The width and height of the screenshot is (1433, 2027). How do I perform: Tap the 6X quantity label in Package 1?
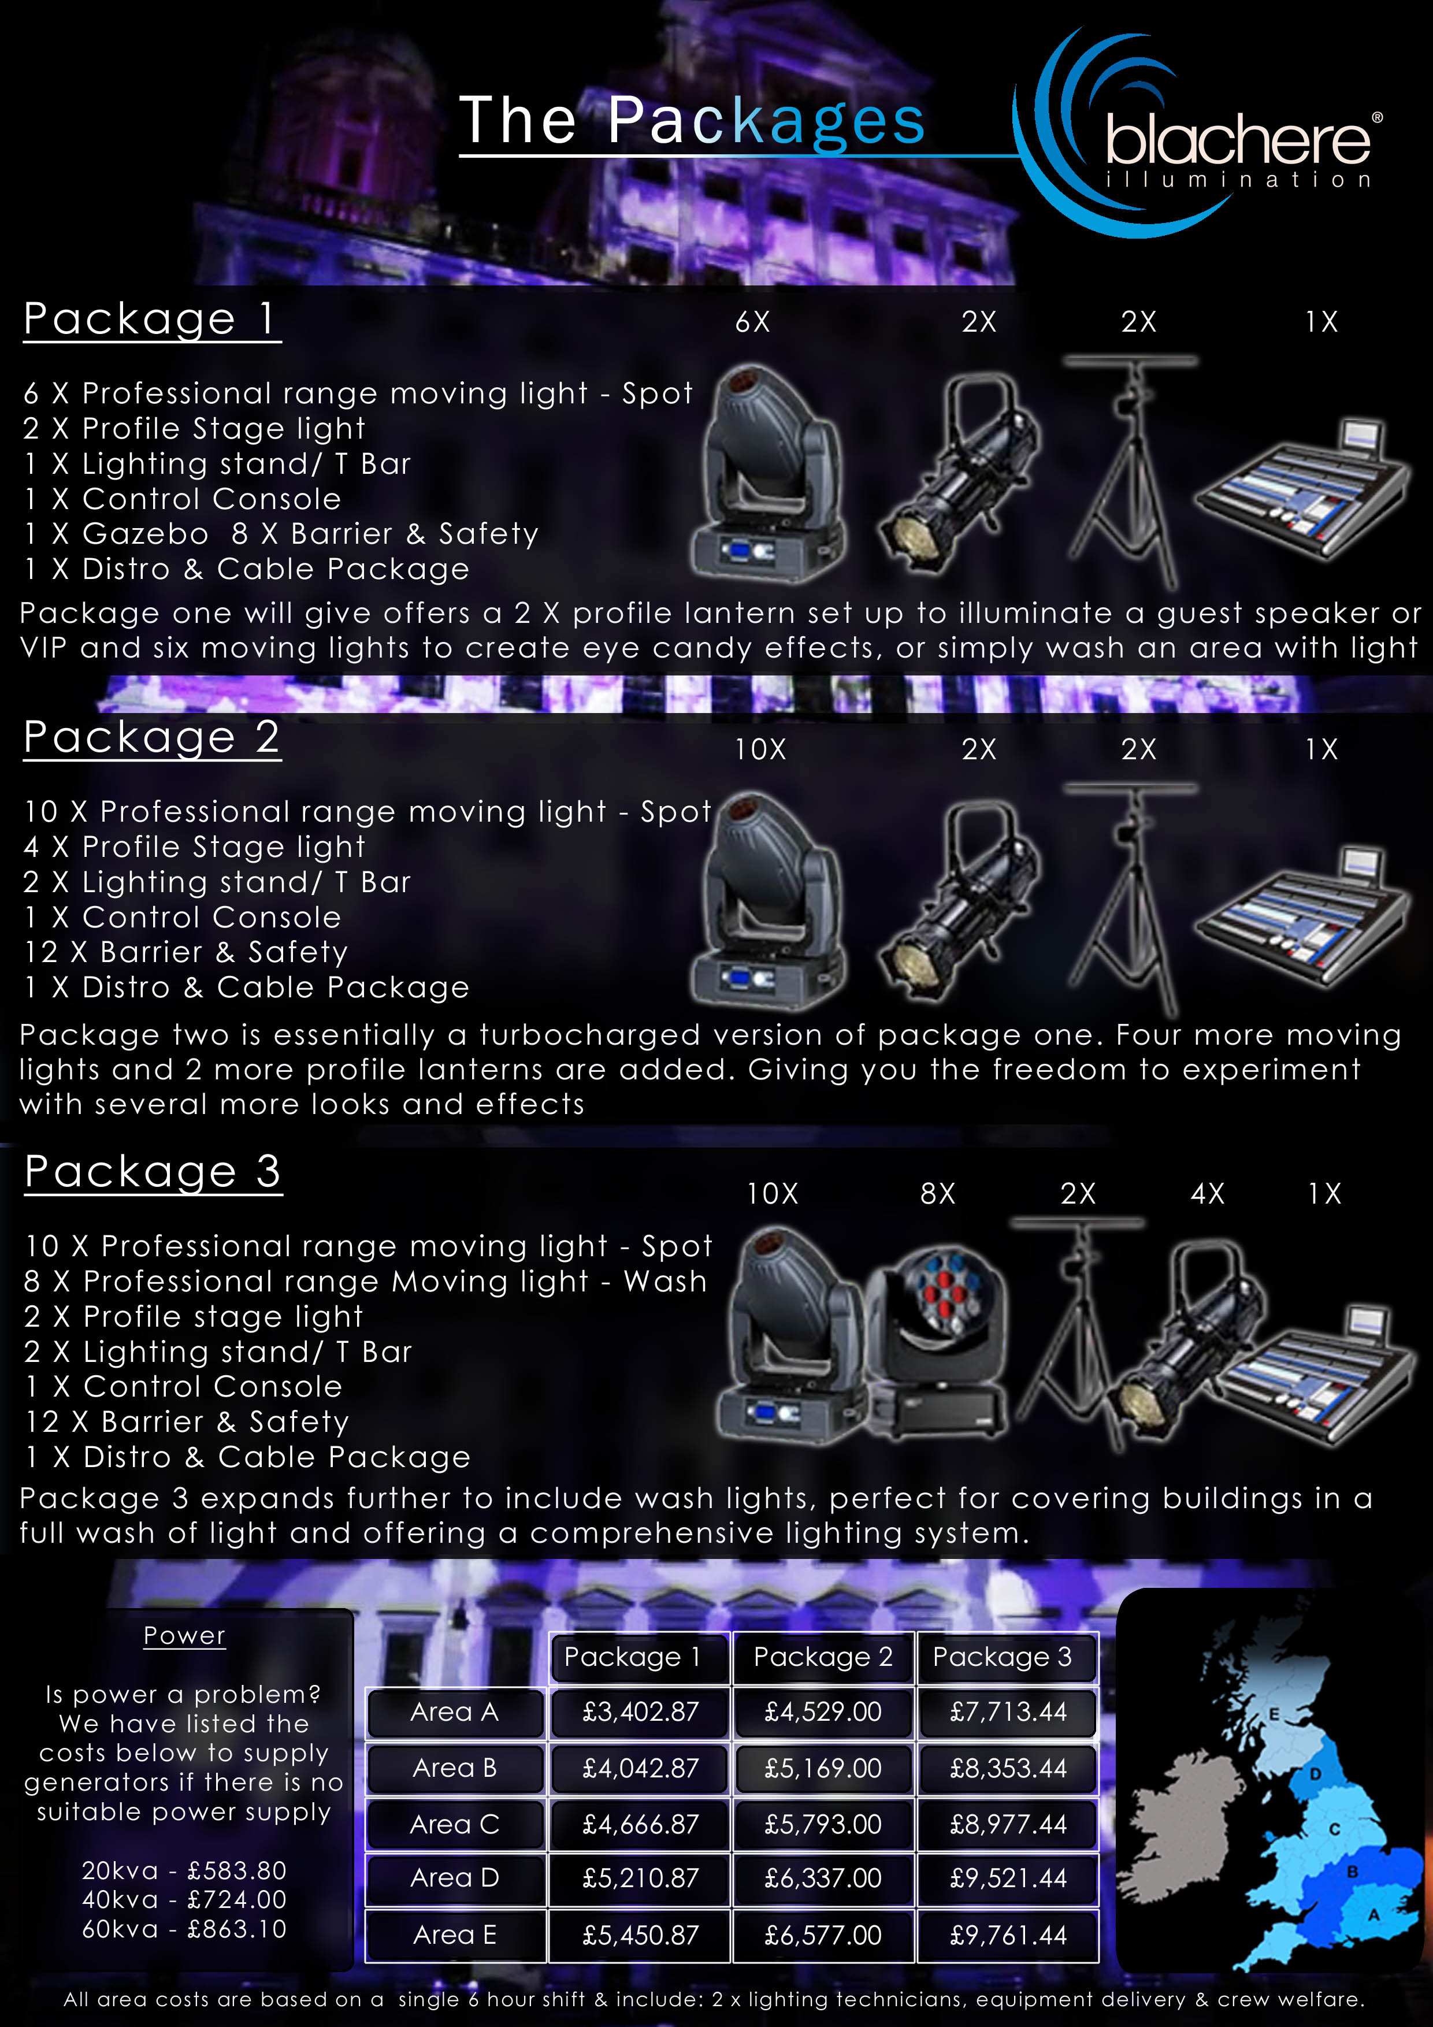752,322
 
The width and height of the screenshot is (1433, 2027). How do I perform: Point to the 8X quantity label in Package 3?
938,1194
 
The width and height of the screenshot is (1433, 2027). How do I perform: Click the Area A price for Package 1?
640,1712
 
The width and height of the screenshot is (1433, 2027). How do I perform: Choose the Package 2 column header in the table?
823,1657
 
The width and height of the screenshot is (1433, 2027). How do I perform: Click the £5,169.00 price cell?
823,1768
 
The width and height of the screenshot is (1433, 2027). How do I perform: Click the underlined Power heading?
184,1636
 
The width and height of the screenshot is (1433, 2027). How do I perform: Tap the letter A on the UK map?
1374,1915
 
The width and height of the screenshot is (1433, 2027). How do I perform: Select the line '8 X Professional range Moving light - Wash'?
366,1281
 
